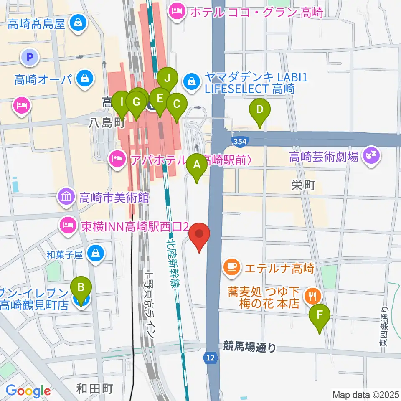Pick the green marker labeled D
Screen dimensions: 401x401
pos(260,111)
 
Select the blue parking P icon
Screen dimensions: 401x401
pos(29,57)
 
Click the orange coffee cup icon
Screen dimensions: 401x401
pos(231,267)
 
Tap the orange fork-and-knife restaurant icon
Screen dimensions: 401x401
pos(312,297)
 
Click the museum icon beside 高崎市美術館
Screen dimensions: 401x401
pos(67,197)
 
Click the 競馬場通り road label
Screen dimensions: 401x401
pos(250,346)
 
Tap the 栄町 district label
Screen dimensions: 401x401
pos(303,185)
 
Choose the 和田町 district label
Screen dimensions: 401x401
pos(95,389)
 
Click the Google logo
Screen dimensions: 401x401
pos(28,391)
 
